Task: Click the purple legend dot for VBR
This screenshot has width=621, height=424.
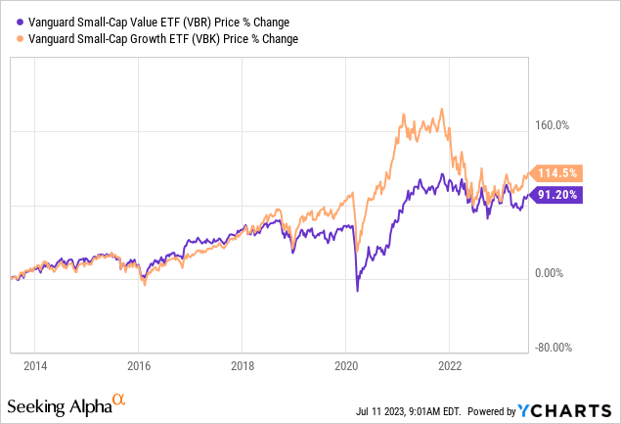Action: (10, 24)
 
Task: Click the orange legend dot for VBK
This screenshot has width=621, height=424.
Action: (10, 39)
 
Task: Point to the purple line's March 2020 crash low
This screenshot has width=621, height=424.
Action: (358, 291)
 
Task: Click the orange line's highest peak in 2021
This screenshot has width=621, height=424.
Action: (402, 114)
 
